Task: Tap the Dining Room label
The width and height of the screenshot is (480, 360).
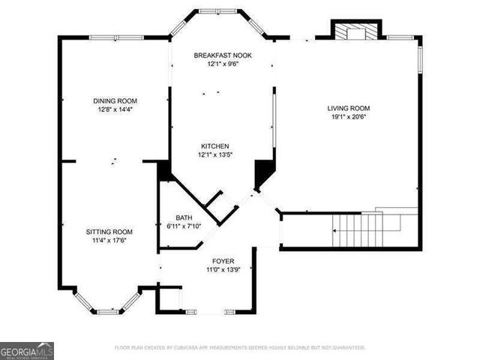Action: pyautogui.click(x=115, y=100)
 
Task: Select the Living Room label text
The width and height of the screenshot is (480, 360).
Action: pyautogui.click(x=349, y=108)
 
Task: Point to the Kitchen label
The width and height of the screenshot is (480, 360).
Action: pyautogui.click(x=214, y=146)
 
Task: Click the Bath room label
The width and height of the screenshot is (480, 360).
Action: pyautogui.click(x=184, y=217)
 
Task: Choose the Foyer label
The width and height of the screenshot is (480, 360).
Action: pyautogui.click(x=223, y=261)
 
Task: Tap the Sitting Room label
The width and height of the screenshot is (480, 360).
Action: pyautogui.click(x=109, y=232)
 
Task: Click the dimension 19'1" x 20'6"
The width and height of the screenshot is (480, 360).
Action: pyautogui.click(x=349, y=117)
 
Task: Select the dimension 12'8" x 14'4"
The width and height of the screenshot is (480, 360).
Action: pyautogui.click(x=115, y=109)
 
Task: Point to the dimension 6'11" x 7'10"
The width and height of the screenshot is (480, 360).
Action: pyautogui.click(x=184, y=226)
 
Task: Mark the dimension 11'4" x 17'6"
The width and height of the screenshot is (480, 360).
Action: pyautogui.click(x=109, y=241)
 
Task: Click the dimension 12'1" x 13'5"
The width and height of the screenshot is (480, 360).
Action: pyautogui.click(x=214, y=155)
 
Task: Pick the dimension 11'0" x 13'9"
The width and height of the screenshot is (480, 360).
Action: pyautogui.click(x=223, y=270)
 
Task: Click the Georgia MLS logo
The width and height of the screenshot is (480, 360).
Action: pyautogui.click(x=27, y=351)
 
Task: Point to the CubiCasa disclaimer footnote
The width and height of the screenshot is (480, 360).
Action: pyautogui.click(x=240, y=348)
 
